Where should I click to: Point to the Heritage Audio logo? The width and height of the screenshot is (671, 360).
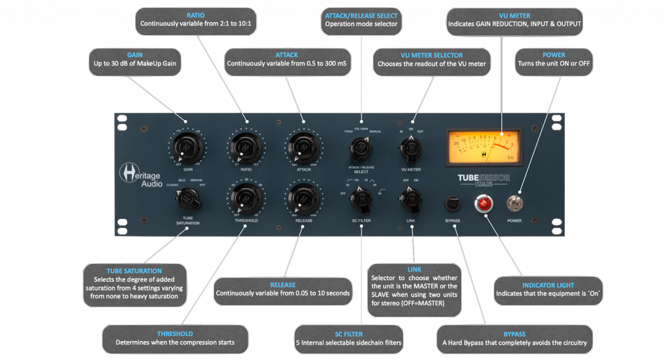[139, 175]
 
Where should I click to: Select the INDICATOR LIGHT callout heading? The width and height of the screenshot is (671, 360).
[547, 286]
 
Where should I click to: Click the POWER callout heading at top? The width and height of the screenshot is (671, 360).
[554, 55]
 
